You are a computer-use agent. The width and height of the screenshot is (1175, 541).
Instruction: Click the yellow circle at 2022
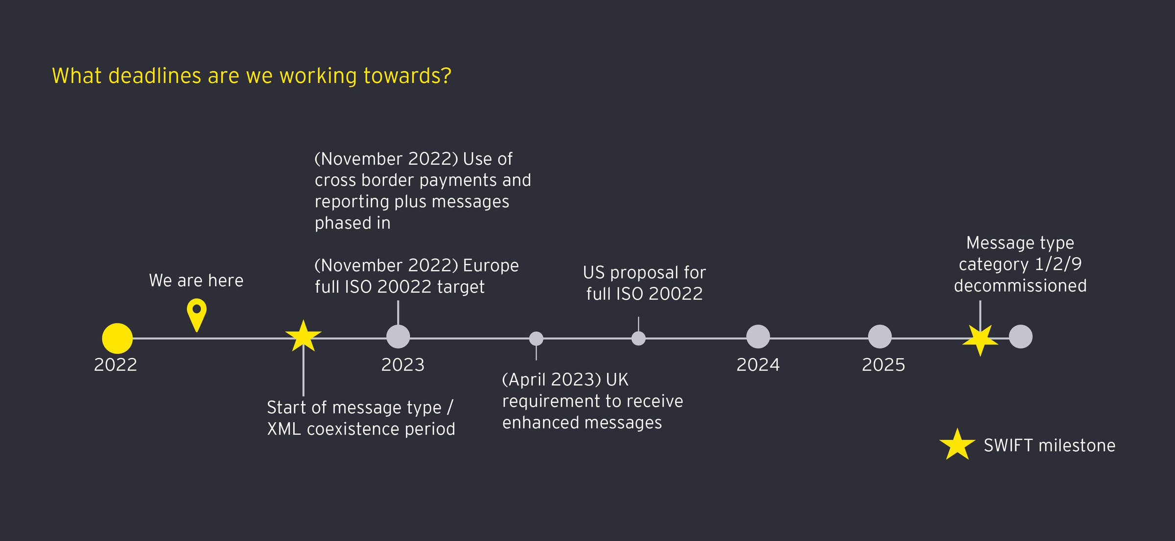click(x=117, y=338)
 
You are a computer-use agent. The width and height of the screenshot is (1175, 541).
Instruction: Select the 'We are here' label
click(x=196, y=280)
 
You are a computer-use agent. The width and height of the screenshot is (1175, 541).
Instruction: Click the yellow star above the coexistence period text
click(x=304, y=336)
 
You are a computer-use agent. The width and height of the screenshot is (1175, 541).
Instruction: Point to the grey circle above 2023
click(x=398, y=337)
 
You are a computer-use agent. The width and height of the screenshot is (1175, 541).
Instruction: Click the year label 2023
click(x=403, y=365)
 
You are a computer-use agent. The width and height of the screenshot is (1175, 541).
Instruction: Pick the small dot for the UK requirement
click(x=536, y=339)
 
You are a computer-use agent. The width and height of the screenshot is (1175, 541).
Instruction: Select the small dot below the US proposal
click(x=638, y=339)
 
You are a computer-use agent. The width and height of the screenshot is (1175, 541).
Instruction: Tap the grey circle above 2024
click(x=758, y=337)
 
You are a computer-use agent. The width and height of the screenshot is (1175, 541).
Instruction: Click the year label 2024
click(x=758, y=365)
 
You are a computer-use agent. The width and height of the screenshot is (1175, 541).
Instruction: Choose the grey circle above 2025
click(x=880, y=337)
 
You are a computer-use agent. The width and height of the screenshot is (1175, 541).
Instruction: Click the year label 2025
click(x=884, y=365)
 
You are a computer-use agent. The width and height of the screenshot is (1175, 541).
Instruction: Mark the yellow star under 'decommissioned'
click(x=980, y=340)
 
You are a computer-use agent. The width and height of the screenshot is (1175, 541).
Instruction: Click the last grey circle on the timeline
click(x=1021, y=337)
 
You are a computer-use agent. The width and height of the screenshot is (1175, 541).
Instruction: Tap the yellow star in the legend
click(x=958, y=445)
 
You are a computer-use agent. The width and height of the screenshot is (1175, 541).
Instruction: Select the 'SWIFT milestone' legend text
click(x=1050, y=445)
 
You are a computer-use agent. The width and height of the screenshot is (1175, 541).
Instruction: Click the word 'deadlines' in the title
click(x=155, y=76)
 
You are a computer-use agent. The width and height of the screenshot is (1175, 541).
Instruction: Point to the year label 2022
click(x=116, y=365)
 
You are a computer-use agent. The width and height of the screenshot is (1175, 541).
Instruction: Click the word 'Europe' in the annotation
click(x=491, y=266)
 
